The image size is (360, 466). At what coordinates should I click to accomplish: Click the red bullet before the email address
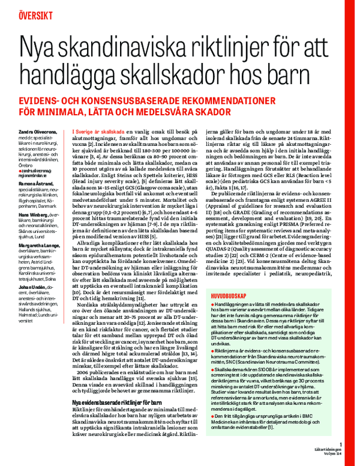(x=19, y=171)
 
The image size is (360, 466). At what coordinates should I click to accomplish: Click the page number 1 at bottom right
(x=340, y=444)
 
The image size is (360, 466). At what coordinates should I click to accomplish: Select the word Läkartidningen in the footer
(x=329, y=450)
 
